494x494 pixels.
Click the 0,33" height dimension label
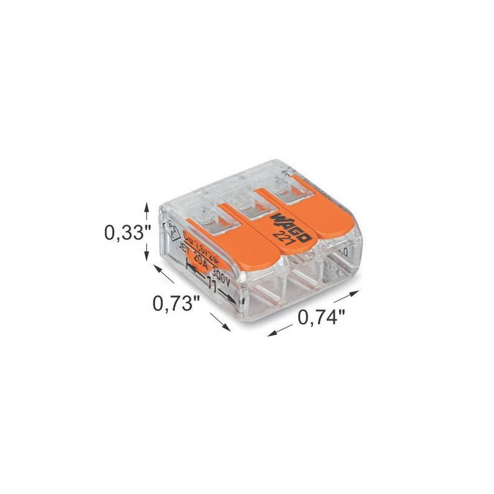pos(124,233)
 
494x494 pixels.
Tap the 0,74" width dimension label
pos(321,317)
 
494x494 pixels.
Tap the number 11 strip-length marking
pos(211,285)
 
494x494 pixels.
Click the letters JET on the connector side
pos(185,252)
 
